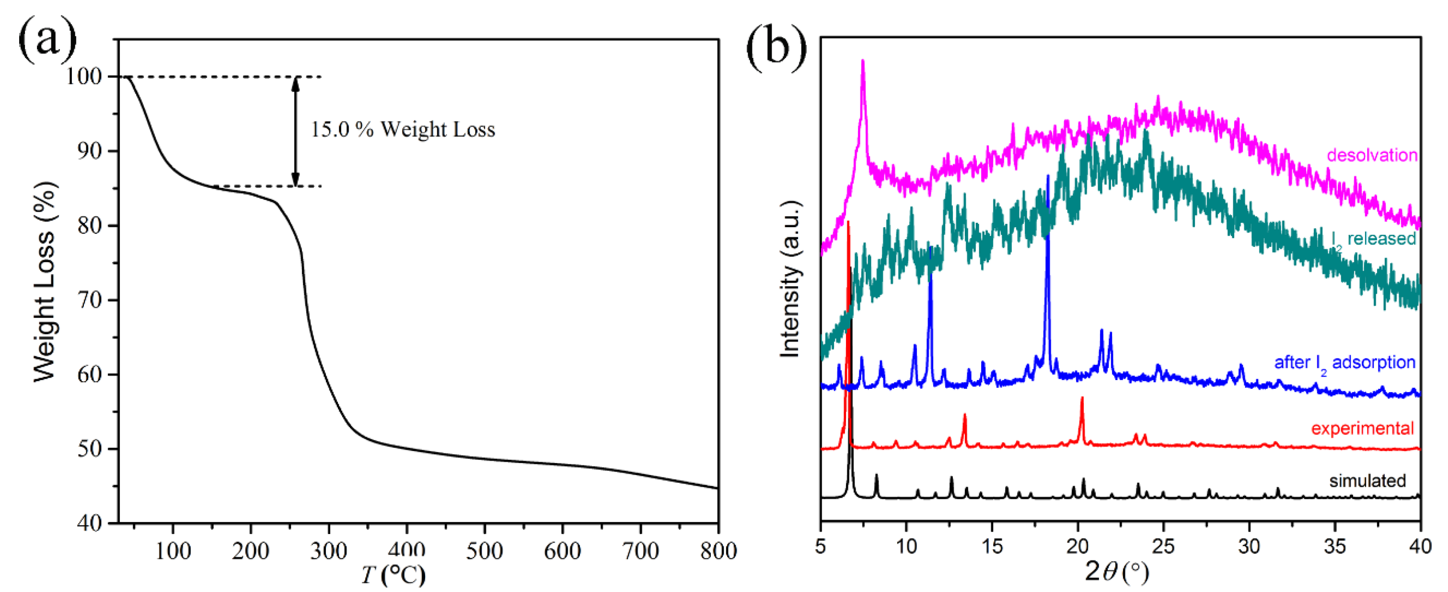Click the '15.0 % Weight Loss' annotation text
403,130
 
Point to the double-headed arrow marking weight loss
296,131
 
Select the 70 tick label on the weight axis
90,300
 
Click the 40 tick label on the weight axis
90,523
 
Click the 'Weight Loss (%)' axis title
45,281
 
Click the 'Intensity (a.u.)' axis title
790,279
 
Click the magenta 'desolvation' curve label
1372,155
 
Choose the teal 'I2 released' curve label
1373,239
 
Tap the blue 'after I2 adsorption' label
1344,362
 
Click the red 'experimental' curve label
1362,429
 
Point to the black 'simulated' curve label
1367,481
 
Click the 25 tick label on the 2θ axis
1163,546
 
